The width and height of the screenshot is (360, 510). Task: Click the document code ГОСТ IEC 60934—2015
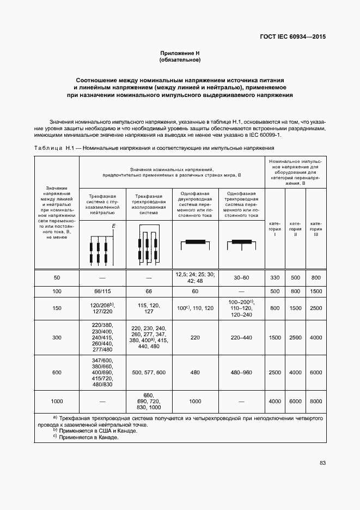295,38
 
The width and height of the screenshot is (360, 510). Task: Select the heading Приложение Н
180,53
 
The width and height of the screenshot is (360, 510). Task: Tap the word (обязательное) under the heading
180,59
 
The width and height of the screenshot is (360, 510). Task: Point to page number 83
322,463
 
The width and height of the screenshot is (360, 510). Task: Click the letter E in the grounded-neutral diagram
114,226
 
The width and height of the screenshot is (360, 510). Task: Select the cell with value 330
275,278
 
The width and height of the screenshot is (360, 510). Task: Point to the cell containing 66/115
102,292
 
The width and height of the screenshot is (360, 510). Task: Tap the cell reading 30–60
242,278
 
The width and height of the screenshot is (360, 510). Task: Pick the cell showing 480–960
242,373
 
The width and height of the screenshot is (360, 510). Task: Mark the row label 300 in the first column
57,338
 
